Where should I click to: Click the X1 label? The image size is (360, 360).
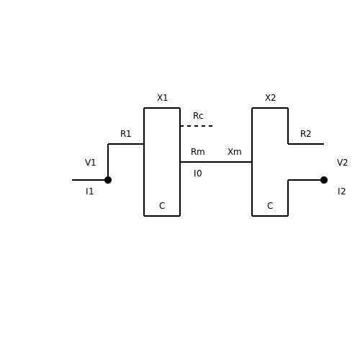coord(162,98)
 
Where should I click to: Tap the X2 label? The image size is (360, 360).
coord(270,98)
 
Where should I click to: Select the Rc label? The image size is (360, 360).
coord(198,116)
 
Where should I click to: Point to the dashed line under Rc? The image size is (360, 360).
coord(197,126)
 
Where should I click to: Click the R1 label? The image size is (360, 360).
coord(125,134)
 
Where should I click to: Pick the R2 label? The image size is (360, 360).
coord(305,134)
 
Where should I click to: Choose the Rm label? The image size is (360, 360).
coord(198,152)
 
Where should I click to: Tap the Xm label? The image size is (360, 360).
coord(235,152)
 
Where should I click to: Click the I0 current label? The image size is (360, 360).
coord(198,174)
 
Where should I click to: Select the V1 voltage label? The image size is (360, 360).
coord(90,163)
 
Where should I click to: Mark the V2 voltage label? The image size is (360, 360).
coord(342,163)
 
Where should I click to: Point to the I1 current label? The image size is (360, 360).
coord(89,192)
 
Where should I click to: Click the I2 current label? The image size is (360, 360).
coord(341,192)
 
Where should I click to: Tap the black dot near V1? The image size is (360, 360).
coord(108,180)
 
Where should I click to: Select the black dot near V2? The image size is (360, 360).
coord(324,180)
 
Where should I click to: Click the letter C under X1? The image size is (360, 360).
coord(162,206)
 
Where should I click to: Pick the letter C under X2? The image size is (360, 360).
coord(270,206)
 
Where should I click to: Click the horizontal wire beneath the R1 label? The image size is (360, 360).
coord(126,144)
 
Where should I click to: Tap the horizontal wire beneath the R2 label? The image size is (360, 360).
coord(306,144)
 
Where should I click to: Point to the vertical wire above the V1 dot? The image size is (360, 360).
coord(108,162)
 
